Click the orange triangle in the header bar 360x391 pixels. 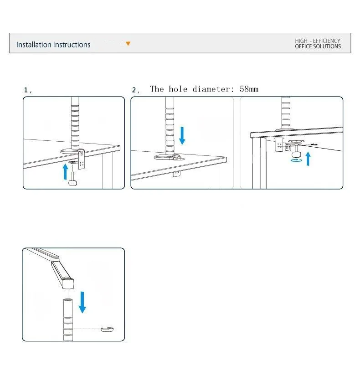point(128,44)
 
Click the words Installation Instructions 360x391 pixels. point(53,45)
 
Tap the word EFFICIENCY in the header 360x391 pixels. point(326,41)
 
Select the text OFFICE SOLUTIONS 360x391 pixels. point(318,46)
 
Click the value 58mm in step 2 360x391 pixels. point(249,89)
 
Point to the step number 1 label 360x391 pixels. point(26,90)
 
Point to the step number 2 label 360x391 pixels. point(134,90)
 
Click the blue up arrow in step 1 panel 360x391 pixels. point(65,171)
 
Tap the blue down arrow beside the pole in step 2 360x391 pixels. point(182,136)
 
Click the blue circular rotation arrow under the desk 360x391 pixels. point(296,160)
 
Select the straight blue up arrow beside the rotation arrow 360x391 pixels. point(309,159)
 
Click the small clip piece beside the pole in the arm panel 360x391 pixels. point(107,329)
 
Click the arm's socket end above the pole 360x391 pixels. point(68,283)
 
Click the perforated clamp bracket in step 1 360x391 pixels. point(82,159)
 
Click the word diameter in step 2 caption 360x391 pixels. point(211,89)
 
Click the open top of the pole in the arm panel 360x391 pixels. point(68,300)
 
